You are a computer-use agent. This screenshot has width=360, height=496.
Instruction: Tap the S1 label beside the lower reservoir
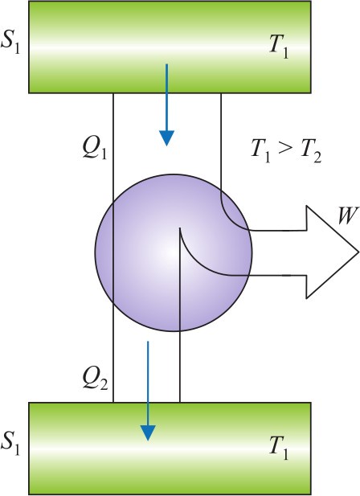(x=10, y=445)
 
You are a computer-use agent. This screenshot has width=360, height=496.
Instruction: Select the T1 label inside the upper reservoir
(x=279, y=48)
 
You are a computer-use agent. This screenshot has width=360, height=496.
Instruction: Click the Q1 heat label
(x=94, y=148)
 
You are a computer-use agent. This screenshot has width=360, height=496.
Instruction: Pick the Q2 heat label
(x=95, y=379)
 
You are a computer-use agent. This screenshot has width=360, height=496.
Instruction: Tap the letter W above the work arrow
(x=348, y=215)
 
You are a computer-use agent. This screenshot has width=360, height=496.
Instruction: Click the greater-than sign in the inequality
(x=285, y=148)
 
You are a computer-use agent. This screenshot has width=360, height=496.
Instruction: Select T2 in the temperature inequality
(x=310, y=151)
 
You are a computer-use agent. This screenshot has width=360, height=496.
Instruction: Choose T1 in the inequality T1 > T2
(x=260, y=151)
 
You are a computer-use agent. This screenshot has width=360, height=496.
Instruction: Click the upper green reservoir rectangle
(x=170, y=47)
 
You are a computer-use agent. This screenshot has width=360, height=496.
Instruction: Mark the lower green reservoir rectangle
(x=170, y=449)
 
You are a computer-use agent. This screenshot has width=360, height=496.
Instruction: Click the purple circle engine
(x=174, y=252)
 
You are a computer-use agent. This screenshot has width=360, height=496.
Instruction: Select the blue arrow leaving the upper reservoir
(x=166, y=105)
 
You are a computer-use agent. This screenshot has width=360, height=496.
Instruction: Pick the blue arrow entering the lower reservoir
(x=148, y=391)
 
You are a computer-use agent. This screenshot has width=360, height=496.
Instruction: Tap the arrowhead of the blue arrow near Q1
(x=166, y=138)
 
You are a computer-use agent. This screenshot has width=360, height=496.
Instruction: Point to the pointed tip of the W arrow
(x=358, y=252)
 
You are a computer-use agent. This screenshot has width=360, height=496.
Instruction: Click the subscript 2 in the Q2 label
(x=103, y=383)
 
